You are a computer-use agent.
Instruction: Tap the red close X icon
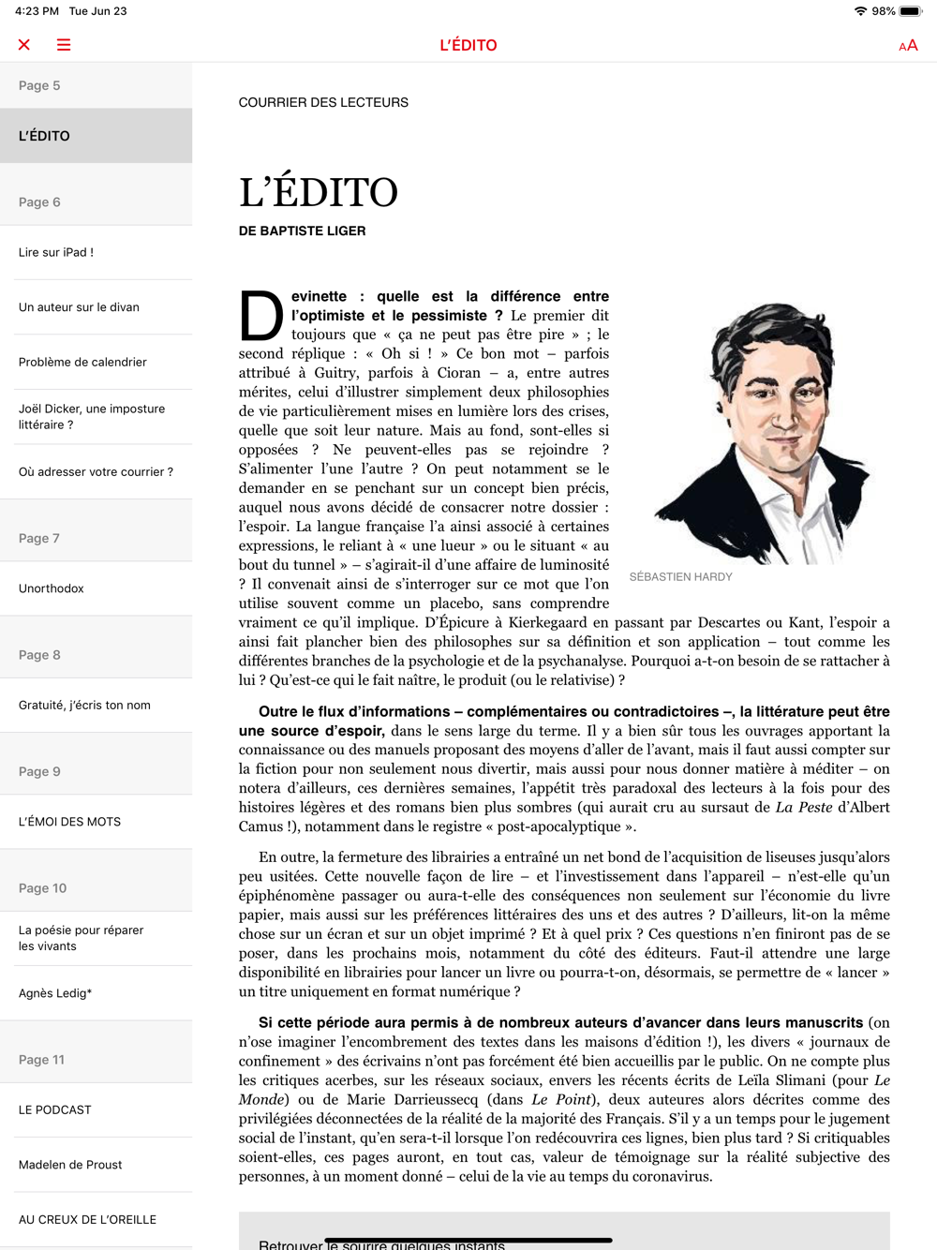coord(24,45)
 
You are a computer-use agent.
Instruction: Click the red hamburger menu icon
coord(64,45)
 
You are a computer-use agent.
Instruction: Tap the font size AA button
coord(908,45)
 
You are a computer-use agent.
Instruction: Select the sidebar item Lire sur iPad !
coord(56,252)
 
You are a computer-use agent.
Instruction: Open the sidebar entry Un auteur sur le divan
coord(79,307)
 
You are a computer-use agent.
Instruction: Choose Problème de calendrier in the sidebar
coord(82,362)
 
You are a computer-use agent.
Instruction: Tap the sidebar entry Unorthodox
coord(52,588)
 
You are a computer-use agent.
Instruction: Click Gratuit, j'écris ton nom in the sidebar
coord(84,705)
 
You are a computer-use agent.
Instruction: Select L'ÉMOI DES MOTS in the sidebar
coord(69,822)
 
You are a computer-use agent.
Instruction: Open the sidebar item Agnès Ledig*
coord(55,993)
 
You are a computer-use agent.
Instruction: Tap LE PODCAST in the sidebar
coord(55,1109)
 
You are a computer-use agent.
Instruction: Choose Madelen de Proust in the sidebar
coord(70,1165)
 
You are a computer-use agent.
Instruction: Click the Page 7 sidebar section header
coord(39,538)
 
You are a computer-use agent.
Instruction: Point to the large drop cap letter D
coord(260,316)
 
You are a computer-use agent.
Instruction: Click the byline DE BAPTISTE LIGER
coord(302,231)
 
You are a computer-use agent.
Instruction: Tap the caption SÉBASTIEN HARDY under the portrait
coord(680,577)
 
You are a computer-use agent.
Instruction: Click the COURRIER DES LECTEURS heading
coord(323,102)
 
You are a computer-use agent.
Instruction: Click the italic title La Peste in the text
coord(803,808)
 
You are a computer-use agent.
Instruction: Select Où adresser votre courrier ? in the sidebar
coord(96,472)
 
